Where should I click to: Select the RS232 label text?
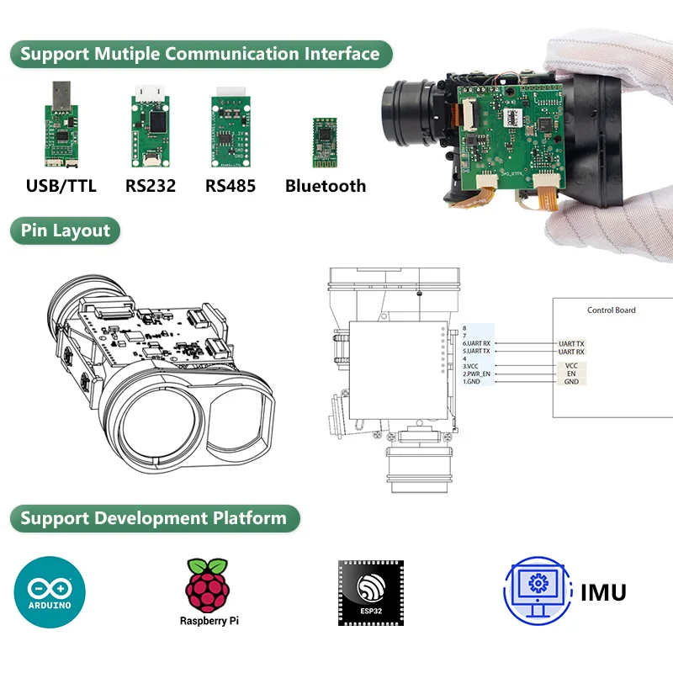pyautogui.click(x=151, y=186)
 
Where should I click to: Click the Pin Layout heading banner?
pyautogui.click(x=66, y=231)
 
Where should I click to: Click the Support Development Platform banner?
pyautogui.click(x=153, y=517)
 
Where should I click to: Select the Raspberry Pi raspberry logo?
pyautogui.click(x=207, y=585)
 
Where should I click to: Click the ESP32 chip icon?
pyautogui.click(x=371, y=591)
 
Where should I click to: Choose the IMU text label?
pyautogui.click(x=603, y=591)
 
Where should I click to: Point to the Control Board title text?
pyautogui.click(x=611, y=310)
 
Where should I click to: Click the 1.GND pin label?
pyautogui.click(x=474, y=382)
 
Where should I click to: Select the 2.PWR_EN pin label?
pyautogui.click(x=478, y=374)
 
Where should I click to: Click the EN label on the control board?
pyautogui.click(x=571, y=374)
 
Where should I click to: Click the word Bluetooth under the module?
pyautogui.click(x=326, y=186)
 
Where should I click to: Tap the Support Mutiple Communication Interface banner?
pyautogui.click(x=200, y=55)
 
